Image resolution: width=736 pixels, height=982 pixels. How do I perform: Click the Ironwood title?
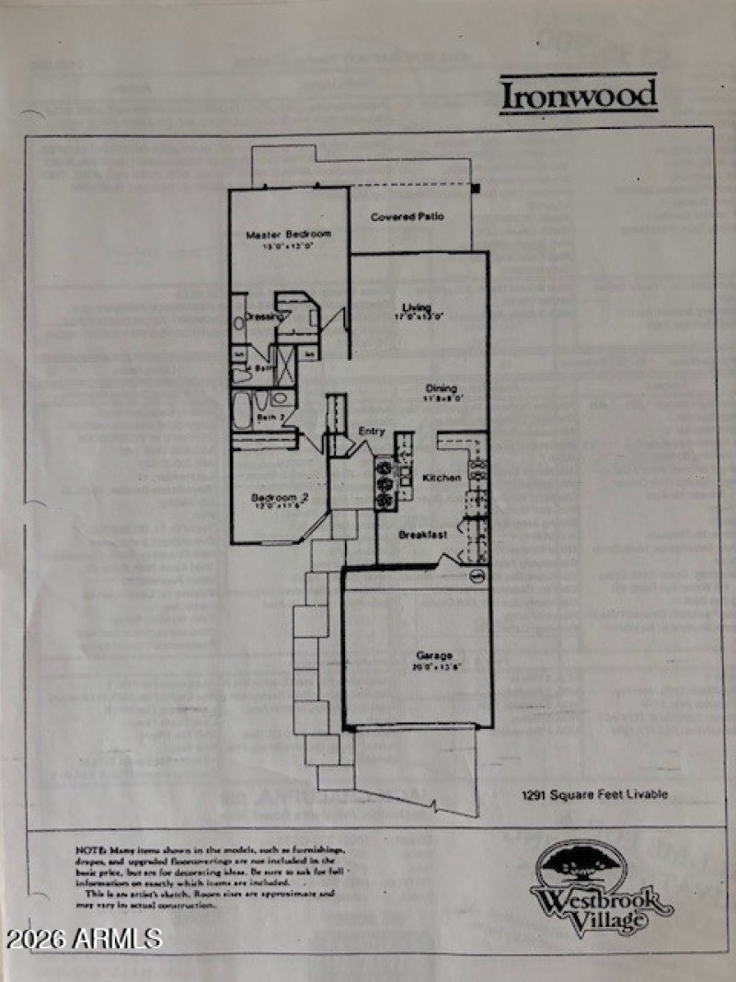tap(579, 95)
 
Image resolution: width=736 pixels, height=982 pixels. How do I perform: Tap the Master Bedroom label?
tap(288, 235)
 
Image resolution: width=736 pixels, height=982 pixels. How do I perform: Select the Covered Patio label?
tap(408, 216)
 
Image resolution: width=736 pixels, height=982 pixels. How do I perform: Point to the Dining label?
tap(441, 388)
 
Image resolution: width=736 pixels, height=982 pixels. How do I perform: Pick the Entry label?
tap(372, 431)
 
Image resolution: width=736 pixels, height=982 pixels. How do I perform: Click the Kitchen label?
tap(442, 479)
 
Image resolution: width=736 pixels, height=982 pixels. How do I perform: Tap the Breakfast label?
tap(422, 535)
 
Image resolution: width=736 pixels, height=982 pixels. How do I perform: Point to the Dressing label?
tap(262, 318)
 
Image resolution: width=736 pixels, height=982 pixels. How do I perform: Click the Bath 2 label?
tap(268, 418)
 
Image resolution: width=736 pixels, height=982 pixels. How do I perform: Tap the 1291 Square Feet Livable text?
tap(594, 794)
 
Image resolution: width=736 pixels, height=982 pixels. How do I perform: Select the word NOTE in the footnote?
tap(89, 849)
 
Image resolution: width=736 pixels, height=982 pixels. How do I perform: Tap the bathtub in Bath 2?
tap(242, 410)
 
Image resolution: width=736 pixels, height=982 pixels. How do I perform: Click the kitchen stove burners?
tap(384, 479)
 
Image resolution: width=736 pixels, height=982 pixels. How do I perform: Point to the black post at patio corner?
tap(477, 189)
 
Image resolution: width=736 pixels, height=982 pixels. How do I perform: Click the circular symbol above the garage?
tap(477, 577)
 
